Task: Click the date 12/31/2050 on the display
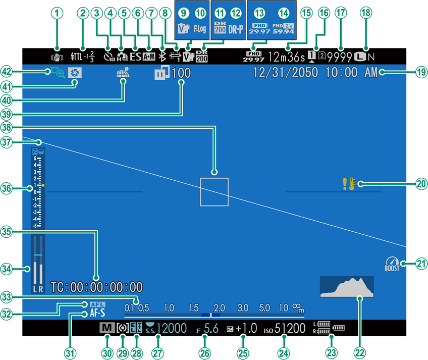coord(286,73)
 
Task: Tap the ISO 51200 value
coord(290,329)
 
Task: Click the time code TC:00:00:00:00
coord(96,288)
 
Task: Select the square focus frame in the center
coord(214,192)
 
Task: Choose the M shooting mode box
coord(106,329)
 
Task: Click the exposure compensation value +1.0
coord(246,329)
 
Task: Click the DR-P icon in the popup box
coord(236,29)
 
